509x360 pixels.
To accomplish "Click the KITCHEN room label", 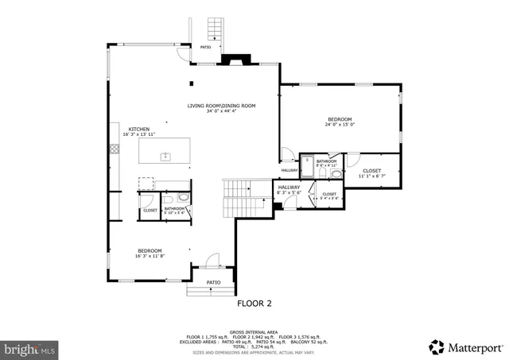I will pyautogui.click(x=140, y=129).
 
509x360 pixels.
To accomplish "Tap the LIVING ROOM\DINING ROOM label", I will pyautogui.click(x=222, y=106).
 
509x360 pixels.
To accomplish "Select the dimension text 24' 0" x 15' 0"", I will pyautogui.click(x=340, y=125).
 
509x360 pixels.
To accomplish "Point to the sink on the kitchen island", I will pyautogui.click(x=166, y=157).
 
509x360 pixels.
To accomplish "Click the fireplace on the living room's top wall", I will pyautogui.click(x=235, y=60).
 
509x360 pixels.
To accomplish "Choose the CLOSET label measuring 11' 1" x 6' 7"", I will pyautogui.click(x=371, y=171).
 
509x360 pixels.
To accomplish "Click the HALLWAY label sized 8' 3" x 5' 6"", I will pyautogui.click(x=289, y=188).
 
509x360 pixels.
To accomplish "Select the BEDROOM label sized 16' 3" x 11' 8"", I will pyautogui.click(x=150, y=251).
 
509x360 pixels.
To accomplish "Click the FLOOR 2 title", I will pyautogui.click(x=254, y=303).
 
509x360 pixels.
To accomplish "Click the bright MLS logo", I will pyautogui.click(x=30, y=348).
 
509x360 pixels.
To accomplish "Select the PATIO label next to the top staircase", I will pyautogui.click(x=205, y=47).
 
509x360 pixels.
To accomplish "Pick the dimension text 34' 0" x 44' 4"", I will pyautogui.click(x=222, y=112).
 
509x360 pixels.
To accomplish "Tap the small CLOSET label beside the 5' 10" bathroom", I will pyautogui.click(x=150, y=210).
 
